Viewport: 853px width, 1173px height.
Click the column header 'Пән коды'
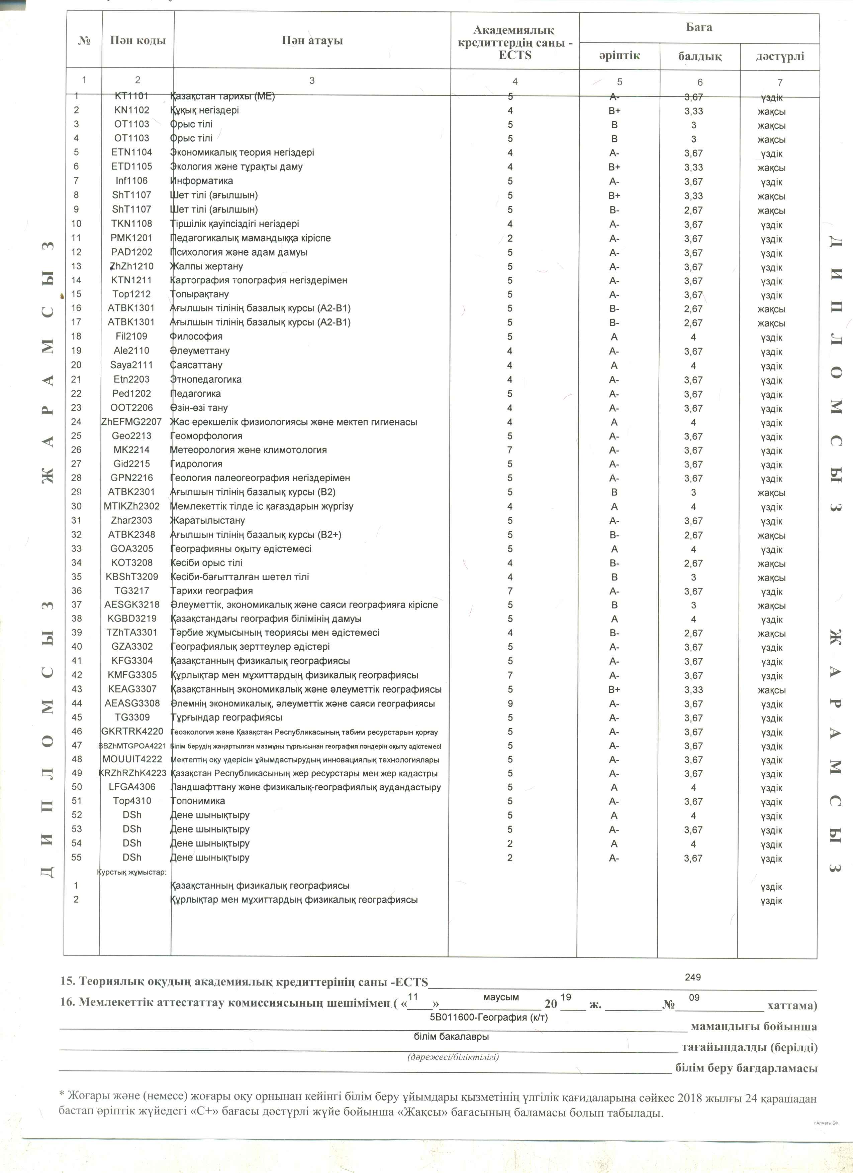pyautogui.click(x=138, y=41)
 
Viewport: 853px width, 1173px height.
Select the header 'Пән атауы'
pyautogui.click(x=312, y=41)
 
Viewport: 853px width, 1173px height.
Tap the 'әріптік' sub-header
pyautogui.click(x=619, y=55)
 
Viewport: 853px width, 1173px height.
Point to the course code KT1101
pyautogui.click(x=131, y=96)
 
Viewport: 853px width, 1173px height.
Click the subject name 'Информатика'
pyautogui.click(x=202, y=181)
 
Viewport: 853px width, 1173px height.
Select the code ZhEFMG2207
pyautogui.click(x=131, y=422)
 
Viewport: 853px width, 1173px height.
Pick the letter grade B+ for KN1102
pyautogui.click(x=614, y=111)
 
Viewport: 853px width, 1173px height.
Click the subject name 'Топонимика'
pyautogui.click(x=198, y=801)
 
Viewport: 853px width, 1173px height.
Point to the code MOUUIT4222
pyautogui.click(x=132, y=759)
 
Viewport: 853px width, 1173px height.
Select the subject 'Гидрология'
pyautogui.click(x=197, y=464)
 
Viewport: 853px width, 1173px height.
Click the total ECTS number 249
pyautogui.click(x=692, y=977)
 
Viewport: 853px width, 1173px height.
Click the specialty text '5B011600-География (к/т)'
pyautogui.click(x=489, y=1017)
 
